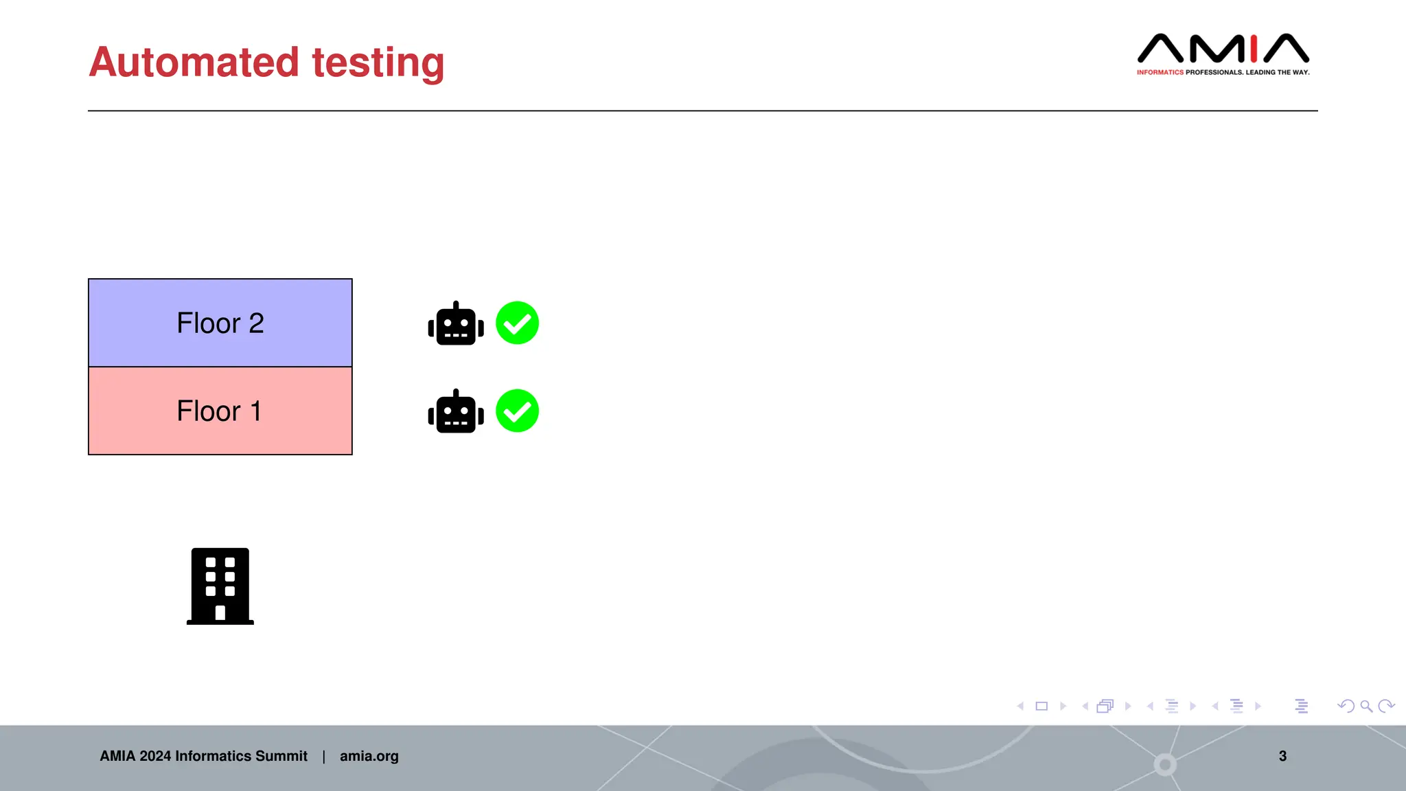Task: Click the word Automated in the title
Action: [x=194, y=62]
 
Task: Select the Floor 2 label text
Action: [x=220, y=323]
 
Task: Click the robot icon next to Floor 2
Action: [x=456, y=325]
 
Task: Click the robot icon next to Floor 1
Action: [x=456, y=413]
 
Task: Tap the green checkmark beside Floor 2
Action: [x=517, y=323]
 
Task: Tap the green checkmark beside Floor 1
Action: [x=517, y=411]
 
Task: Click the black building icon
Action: [x=220, y=586]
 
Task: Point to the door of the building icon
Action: [x=220, y=613]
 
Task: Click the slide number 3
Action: [x=1282, y=756]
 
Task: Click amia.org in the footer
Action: [x=369, y=756]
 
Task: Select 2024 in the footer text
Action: [x=155, y=756]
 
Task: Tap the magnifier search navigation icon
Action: [x=1366, y=706]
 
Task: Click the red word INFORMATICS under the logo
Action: [x=1160, y=72]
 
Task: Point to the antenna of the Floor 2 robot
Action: [x=456, y=304]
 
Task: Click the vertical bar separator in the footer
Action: [x=323, y=757]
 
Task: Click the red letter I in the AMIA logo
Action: [x=1254, y=49]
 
